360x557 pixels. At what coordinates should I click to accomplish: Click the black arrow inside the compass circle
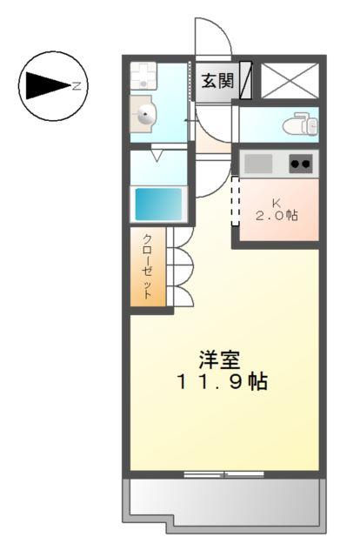(x=46, y=84)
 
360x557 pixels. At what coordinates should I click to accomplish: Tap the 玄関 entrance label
(x=217, y=81)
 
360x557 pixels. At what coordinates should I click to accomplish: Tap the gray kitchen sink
(x=258, y=163)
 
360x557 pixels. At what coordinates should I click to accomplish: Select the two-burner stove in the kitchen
(x=301, y=163)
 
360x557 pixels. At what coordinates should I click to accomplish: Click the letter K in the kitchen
(x=275, y=201)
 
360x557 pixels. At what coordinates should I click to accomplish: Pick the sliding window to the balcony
(x=223, y=474)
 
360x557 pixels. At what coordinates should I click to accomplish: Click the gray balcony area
(x=226, y=502)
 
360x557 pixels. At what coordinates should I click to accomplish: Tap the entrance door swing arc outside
(x=211, y=39)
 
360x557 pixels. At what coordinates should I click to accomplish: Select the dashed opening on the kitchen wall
(x=233, y=199)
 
